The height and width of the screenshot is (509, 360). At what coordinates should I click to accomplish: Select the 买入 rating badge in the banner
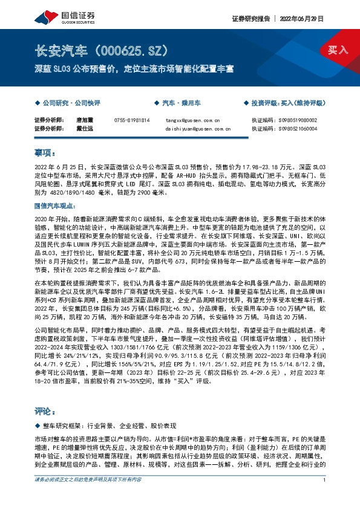pos(338,50)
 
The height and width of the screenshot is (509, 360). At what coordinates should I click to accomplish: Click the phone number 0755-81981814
pos(131,120)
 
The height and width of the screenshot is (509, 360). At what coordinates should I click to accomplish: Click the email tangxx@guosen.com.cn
pos(193,120)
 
